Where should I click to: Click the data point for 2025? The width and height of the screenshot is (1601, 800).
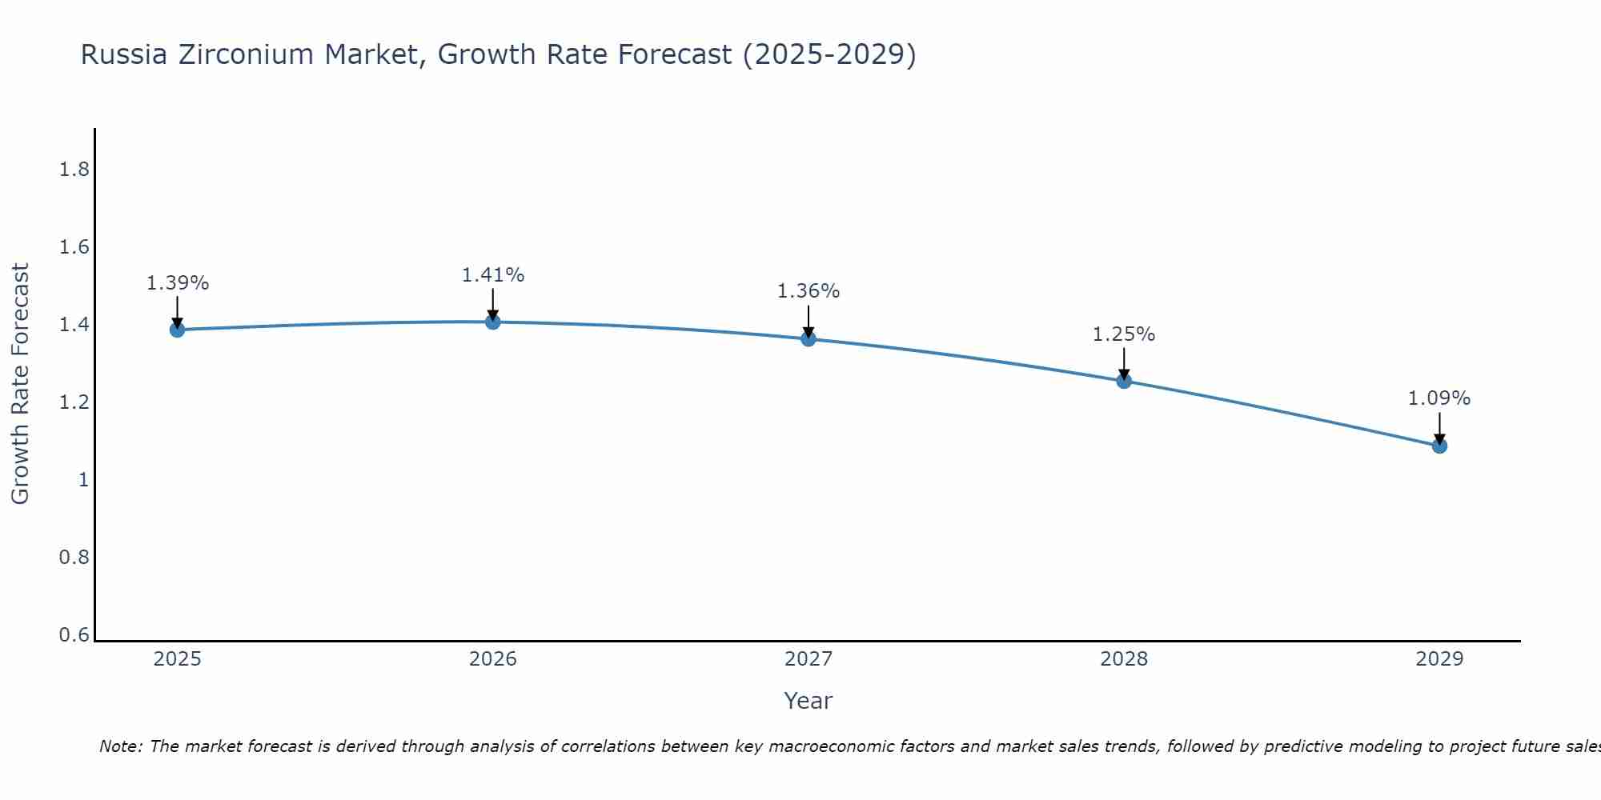coord(177,330)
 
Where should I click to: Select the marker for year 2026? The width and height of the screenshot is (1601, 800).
coord(493,322)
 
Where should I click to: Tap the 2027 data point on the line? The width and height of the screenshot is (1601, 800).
coord(809,338)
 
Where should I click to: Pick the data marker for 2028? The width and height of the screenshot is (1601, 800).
coord(1124,381)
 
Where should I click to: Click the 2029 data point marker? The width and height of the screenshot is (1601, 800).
coord(1439,446)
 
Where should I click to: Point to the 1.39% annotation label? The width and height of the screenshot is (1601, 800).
coord(177,283)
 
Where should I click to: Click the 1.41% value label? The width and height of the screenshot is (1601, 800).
coord(493,275)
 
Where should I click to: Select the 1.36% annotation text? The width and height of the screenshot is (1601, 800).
coord(809,291)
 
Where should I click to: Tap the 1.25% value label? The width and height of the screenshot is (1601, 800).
coord(1124,334)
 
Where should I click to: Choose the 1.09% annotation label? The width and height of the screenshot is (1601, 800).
coord(1439,398)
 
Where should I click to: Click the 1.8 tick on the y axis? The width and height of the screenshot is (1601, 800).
coord(74,170)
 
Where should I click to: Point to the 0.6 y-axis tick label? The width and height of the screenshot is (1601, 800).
coord(74,635)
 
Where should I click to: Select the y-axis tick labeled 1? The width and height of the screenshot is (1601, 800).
coord(82,480)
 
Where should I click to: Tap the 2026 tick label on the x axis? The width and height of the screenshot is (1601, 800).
coord(493,659)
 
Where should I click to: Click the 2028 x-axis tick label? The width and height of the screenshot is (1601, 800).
coord(1124,659)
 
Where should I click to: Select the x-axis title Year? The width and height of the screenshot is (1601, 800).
coord(809,701)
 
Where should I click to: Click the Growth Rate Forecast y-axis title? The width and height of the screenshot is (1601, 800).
coord(20,384)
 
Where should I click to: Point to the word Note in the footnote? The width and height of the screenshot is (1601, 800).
coord(119,746)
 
